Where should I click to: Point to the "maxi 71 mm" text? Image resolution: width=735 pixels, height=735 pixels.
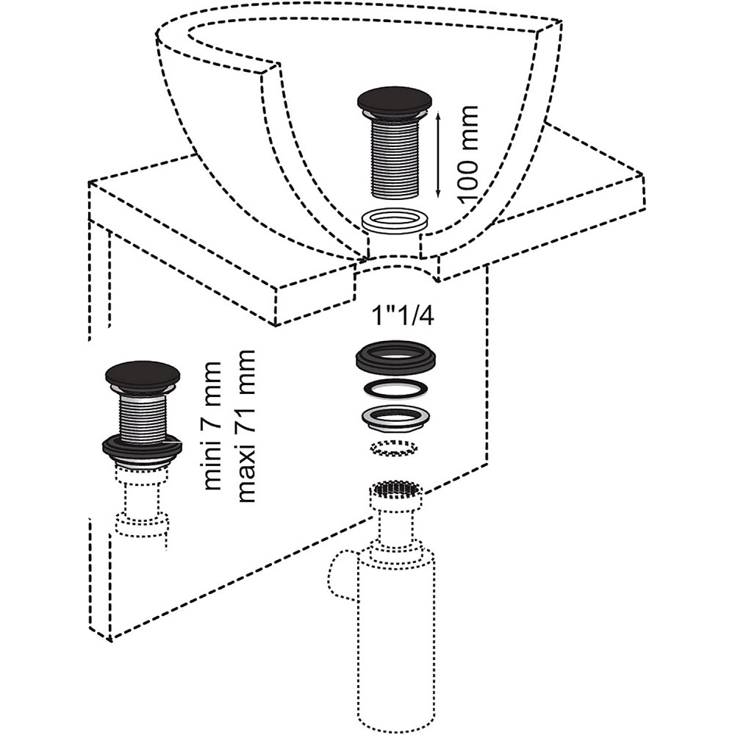click(x=246, y=426)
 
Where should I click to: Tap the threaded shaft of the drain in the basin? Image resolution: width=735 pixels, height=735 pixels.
click(x=395, y=158)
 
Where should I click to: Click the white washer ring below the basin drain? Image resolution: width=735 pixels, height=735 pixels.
click(x=395, y=219)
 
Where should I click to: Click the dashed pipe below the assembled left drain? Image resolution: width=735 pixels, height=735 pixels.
click(x=143, y=507)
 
